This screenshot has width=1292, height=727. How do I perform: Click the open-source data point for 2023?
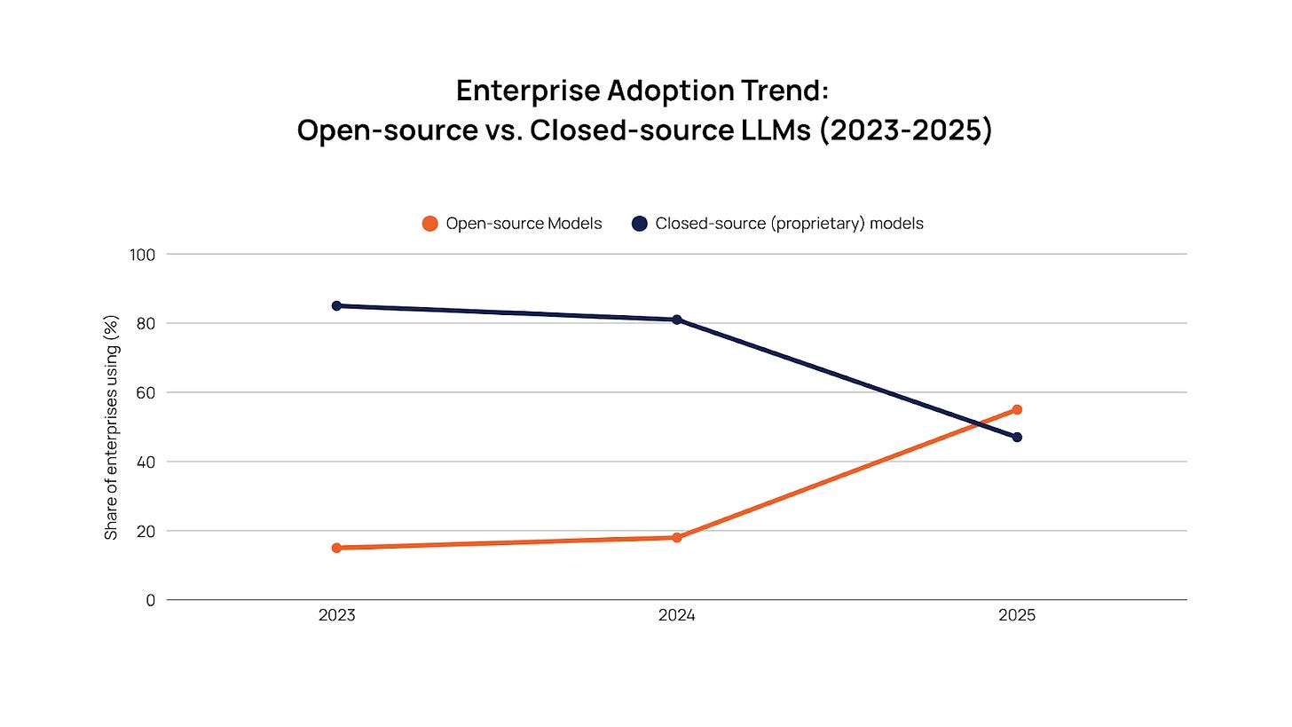pos(336,548)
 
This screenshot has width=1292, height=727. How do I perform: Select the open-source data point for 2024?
pos(676,537)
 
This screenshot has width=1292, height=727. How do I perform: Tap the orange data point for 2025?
pos(1017,409)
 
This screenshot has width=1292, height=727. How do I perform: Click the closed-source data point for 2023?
pos(336,305)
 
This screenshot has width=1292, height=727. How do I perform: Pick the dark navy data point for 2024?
pos(676,320)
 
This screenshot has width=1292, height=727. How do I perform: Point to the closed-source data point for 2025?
pos(1017,437)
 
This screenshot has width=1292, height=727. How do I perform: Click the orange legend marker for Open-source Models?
pos(430,224)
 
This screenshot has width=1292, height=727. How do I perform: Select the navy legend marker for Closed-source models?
pos(640,224)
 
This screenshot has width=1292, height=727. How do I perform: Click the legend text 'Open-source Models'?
pos(524,224)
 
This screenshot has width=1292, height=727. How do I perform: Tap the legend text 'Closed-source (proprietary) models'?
pos(789,224)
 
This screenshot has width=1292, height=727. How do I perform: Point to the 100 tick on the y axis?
pos(142,255)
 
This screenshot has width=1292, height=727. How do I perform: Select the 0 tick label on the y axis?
pos(150,600)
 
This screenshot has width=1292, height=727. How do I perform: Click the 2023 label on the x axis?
pos(336,615)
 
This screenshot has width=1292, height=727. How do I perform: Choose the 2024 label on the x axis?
pos(676,615)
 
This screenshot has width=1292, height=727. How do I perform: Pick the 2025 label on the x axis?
pos(1017,615)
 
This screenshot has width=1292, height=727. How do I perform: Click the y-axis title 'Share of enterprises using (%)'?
pos(111,427)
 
